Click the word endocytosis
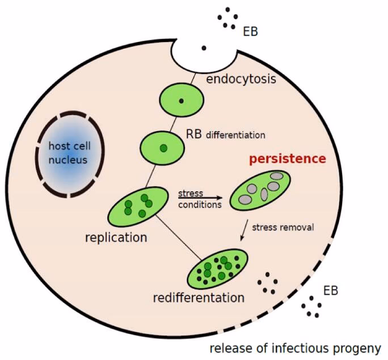point(241,78)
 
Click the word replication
point(116,237)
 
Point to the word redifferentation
point(199,298)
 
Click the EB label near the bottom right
point(331,291)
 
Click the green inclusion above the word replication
point(138,207)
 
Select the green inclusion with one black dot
point(182,101)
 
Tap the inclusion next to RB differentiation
point(163,147)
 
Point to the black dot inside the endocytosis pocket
point(203,49)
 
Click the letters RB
point(195,134)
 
